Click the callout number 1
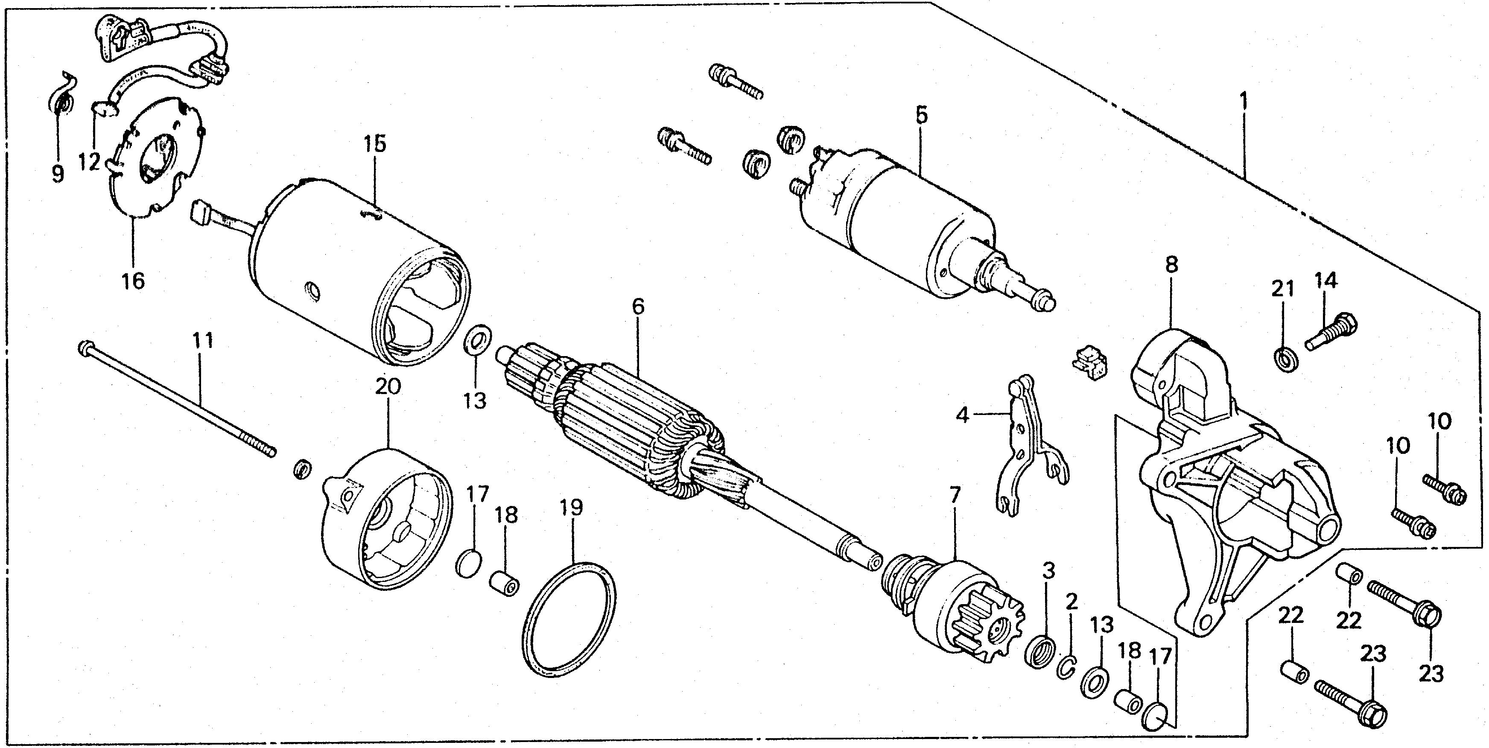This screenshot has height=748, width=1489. pyautogui.click(x=1242, y=104)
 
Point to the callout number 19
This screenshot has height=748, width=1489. pyautogui.click(x=571, y=508)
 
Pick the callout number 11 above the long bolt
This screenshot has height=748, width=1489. pyautogui.click(x=202, y=340)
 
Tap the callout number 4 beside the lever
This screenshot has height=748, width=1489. pyautogui.click(x=962, y=415)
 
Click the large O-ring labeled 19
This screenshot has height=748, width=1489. pyautogui.click(x=569, y=621)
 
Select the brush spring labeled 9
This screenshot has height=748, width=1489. pyautogui.click(x=60, y=101)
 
